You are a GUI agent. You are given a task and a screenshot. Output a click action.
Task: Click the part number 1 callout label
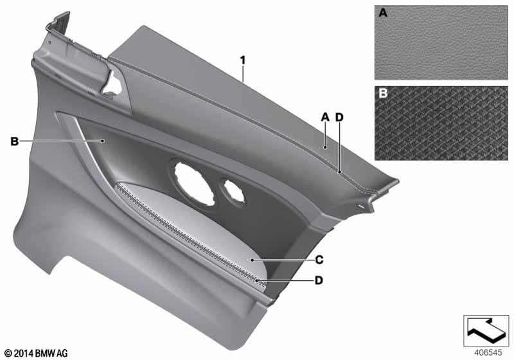click(243, 60)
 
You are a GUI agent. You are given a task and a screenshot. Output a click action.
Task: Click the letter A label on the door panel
click(325, 117)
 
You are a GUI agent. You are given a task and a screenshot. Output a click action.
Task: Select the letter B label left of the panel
click(14, 141)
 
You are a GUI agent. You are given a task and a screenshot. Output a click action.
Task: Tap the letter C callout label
click(319, 260)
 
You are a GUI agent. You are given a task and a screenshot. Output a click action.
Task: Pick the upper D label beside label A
click(340, 117)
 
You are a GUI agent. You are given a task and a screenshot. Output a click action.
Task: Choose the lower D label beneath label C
click(319, 280)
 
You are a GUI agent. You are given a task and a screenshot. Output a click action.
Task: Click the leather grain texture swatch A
click(441, 42)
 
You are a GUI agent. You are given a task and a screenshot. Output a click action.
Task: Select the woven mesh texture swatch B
click(441, 123)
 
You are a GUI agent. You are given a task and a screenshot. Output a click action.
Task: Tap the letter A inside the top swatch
click(382, 13)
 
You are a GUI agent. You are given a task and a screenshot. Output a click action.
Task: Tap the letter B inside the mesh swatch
click(383, 93)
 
